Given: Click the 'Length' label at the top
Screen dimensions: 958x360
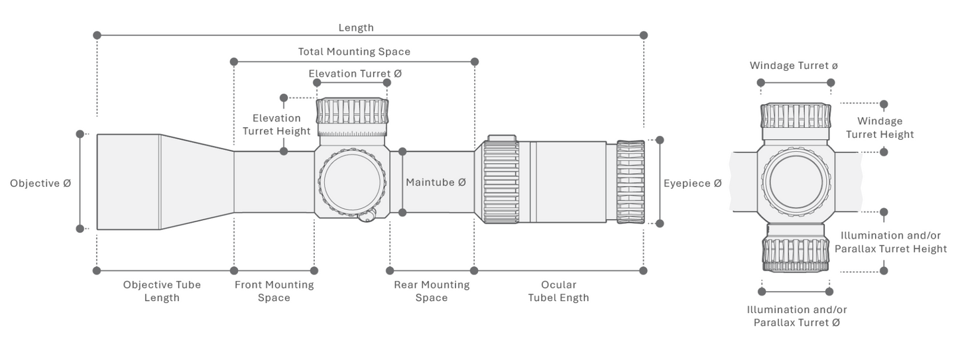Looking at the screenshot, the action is pyautogui.click(x=356, y=28).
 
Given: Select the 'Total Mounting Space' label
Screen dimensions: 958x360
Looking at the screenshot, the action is pyautogui.click(x=354, y=52).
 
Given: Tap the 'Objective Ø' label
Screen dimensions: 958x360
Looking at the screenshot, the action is pyautogui.click(x=40, y=184).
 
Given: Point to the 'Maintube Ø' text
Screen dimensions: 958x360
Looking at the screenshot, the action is pyautogui.click(x=436, y=182).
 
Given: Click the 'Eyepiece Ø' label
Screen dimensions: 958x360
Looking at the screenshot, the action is pyautogui.click(x=692, y=184).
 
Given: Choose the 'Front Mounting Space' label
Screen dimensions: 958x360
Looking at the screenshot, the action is pyautogui.click(x=274, y=291).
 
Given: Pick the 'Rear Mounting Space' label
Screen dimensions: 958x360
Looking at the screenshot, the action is pyautogui.click(x=432, y=291).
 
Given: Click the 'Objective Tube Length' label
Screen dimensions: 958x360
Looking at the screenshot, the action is pyautogui.click(x=162, y=291).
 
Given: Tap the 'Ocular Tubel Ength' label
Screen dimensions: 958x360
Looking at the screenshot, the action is pyautogui.click(x=558, y=291).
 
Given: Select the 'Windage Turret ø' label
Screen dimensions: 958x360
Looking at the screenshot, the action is pyautogui.click(x=794, y=66).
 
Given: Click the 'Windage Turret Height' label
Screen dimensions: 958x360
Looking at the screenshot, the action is pyautogui.click(x=880, y=128).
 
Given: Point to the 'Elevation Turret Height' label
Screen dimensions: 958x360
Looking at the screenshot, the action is pyautogui.click(x=276, y=125).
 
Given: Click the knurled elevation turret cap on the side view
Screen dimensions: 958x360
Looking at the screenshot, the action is pyautogui.click(x=352, y=111).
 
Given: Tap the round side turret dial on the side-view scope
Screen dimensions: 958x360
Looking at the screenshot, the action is pyautogui.click(x=352, y=182).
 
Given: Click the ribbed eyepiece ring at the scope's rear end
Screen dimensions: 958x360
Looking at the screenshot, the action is pyautogui.click(x=630, y=182).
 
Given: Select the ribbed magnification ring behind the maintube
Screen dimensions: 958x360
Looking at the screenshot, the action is pyautogui.click(x=501, y=182).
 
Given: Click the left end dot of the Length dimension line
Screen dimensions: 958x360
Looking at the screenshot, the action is pyautogui.click(x=97, y=35).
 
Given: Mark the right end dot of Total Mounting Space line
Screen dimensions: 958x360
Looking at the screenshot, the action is pyautogui.click(x=474, y=62).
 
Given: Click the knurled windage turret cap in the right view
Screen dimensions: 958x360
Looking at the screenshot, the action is pyautogui.click(x=796, y=116).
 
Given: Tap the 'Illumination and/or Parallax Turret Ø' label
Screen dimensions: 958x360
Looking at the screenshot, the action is pyautogui.click(x=797, y=316).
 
